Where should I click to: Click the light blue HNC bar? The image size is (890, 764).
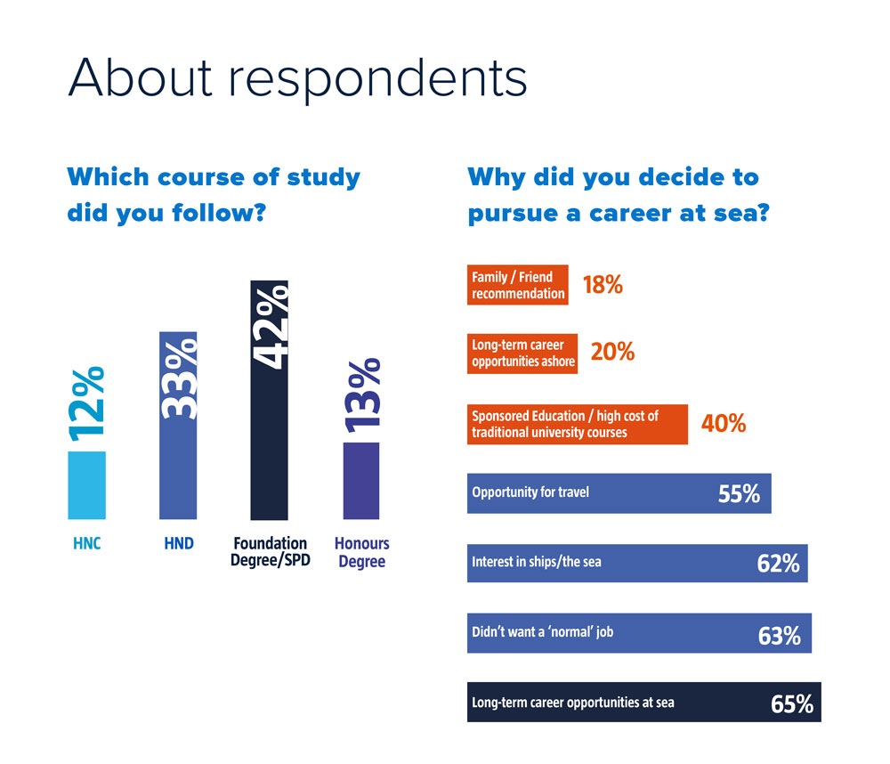(86, 485)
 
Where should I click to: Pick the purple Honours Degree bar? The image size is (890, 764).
(361, 481)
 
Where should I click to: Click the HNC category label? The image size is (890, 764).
(86, 544)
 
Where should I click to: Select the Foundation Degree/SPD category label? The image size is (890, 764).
(270, 552)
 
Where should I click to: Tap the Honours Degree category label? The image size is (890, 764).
(361, 552)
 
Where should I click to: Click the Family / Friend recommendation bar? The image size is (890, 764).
(517, 285)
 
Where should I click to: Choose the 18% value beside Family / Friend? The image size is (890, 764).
(603, 285)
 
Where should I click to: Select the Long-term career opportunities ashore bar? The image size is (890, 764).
(522, 353)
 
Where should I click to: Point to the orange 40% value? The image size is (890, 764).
(724, 424)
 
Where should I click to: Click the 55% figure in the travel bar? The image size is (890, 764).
(739, 494)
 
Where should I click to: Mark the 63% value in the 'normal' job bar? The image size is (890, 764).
(779, 636)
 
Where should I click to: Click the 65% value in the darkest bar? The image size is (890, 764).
(792, 704)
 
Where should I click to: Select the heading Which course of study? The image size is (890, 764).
(214, 176)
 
